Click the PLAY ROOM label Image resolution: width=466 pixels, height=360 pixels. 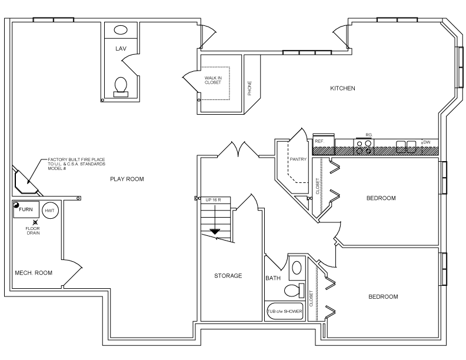click(x=127, y=179)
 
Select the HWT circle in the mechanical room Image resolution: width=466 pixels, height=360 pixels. click(x=50, y=210)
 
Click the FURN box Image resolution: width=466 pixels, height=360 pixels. click(x=26, y=209)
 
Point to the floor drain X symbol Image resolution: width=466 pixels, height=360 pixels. click(x=36, y=223)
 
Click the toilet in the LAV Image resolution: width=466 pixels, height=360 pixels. click(x=121, y=85)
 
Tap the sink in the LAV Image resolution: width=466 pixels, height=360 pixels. click(x=121, y=30)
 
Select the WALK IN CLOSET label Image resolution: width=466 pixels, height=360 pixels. click(x=212, y=80)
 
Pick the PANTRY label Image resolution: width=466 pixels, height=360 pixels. click(x=297, y=159)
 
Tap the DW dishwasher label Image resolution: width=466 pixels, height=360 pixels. click(x=427, y=142)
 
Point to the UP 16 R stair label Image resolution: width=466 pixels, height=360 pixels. click(x=214, y=201)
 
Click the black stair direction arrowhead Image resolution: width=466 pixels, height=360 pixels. click(x=215, y=231)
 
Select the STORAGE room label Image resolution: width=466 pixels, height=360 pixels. click(x=228, y=275)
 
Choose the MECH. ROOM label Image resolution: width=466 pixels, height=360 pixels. click(x=34, y=273)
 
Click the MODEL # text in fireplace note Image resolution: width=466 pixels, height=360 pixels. click(x=57, y=169)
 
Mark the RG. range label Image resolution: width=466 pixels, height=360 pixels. click(x=369, y=135)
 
